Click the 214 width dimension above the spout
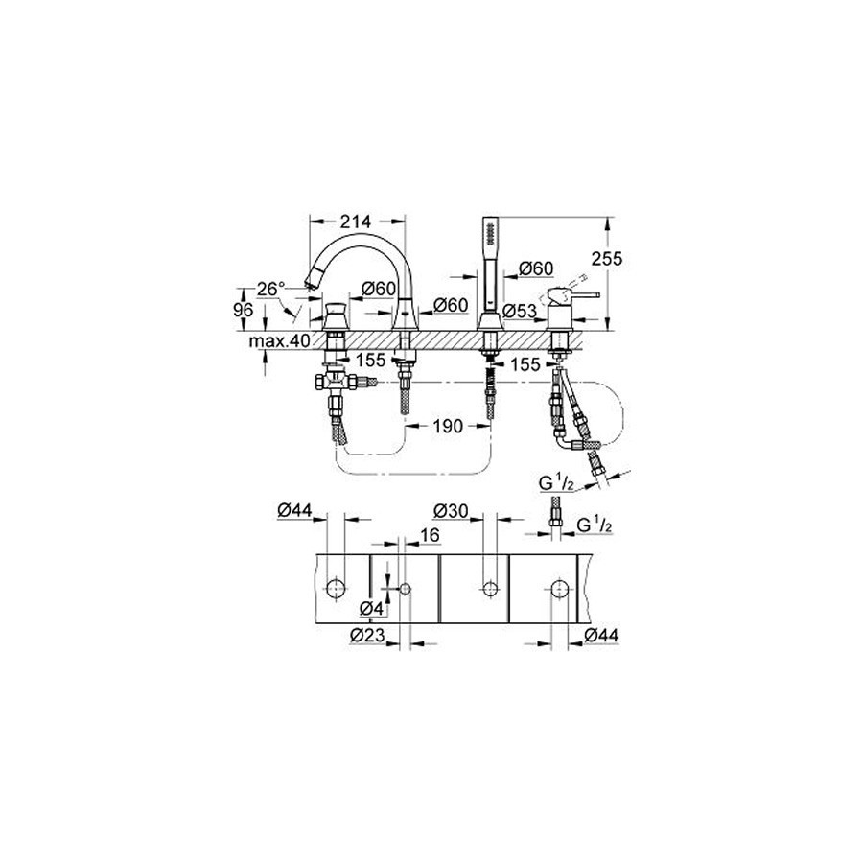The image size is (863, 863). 356,222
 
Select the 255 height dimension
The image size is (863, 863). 607,258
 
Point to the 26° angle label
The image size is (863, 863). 270,289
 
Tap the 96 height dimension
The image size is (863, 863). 244,310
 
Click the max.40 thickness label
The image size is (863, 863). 280,341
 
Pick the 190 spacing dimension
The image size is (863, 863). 448,426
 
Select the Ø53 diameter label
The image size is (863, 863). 520,311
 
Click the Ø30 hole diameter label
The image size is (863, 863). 451,511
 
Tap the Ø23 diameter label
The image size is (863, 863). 367,636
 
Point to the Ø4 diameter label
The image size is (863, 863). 371,609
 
